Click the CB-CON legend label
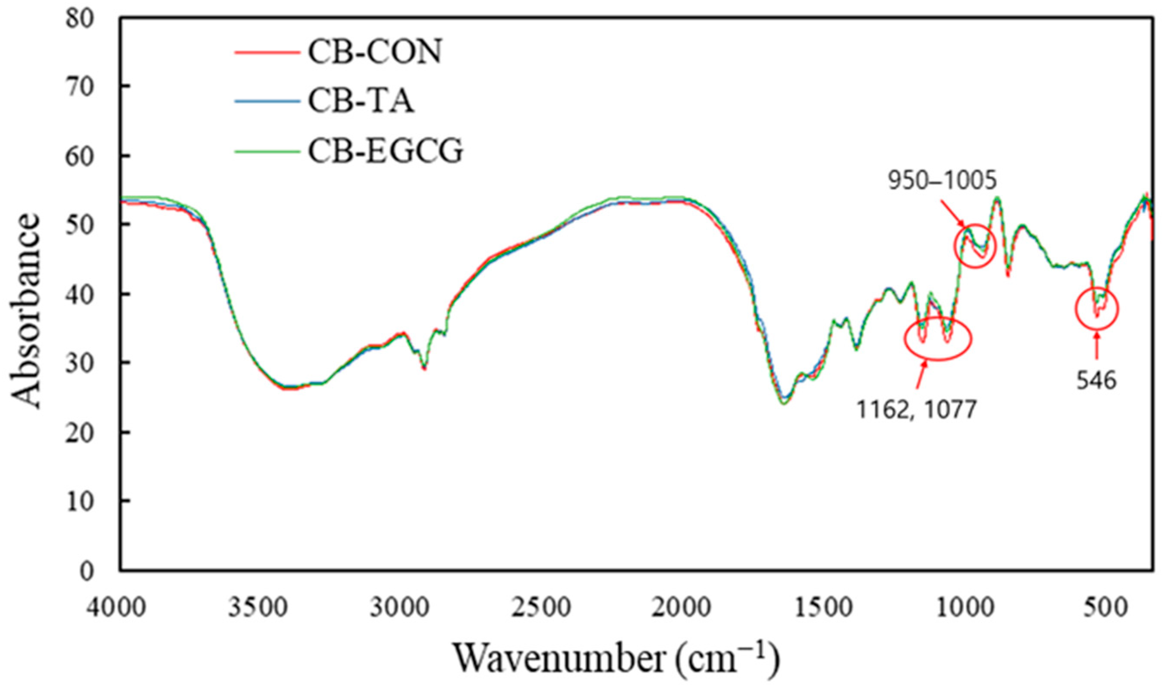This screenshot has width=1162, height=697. tap(374, 52)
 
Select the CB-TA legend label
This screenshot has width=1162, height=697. tap(361, 102)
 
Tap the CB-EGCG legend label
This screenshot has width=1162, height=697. tap(385, 151)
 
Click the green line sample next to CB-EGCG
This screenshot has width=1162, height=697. tap(267, 151)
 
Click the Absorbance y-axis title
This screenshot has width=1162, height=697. tap(26, 310)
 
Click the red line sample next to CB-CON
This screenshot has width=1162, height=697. tap(267, 53)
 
